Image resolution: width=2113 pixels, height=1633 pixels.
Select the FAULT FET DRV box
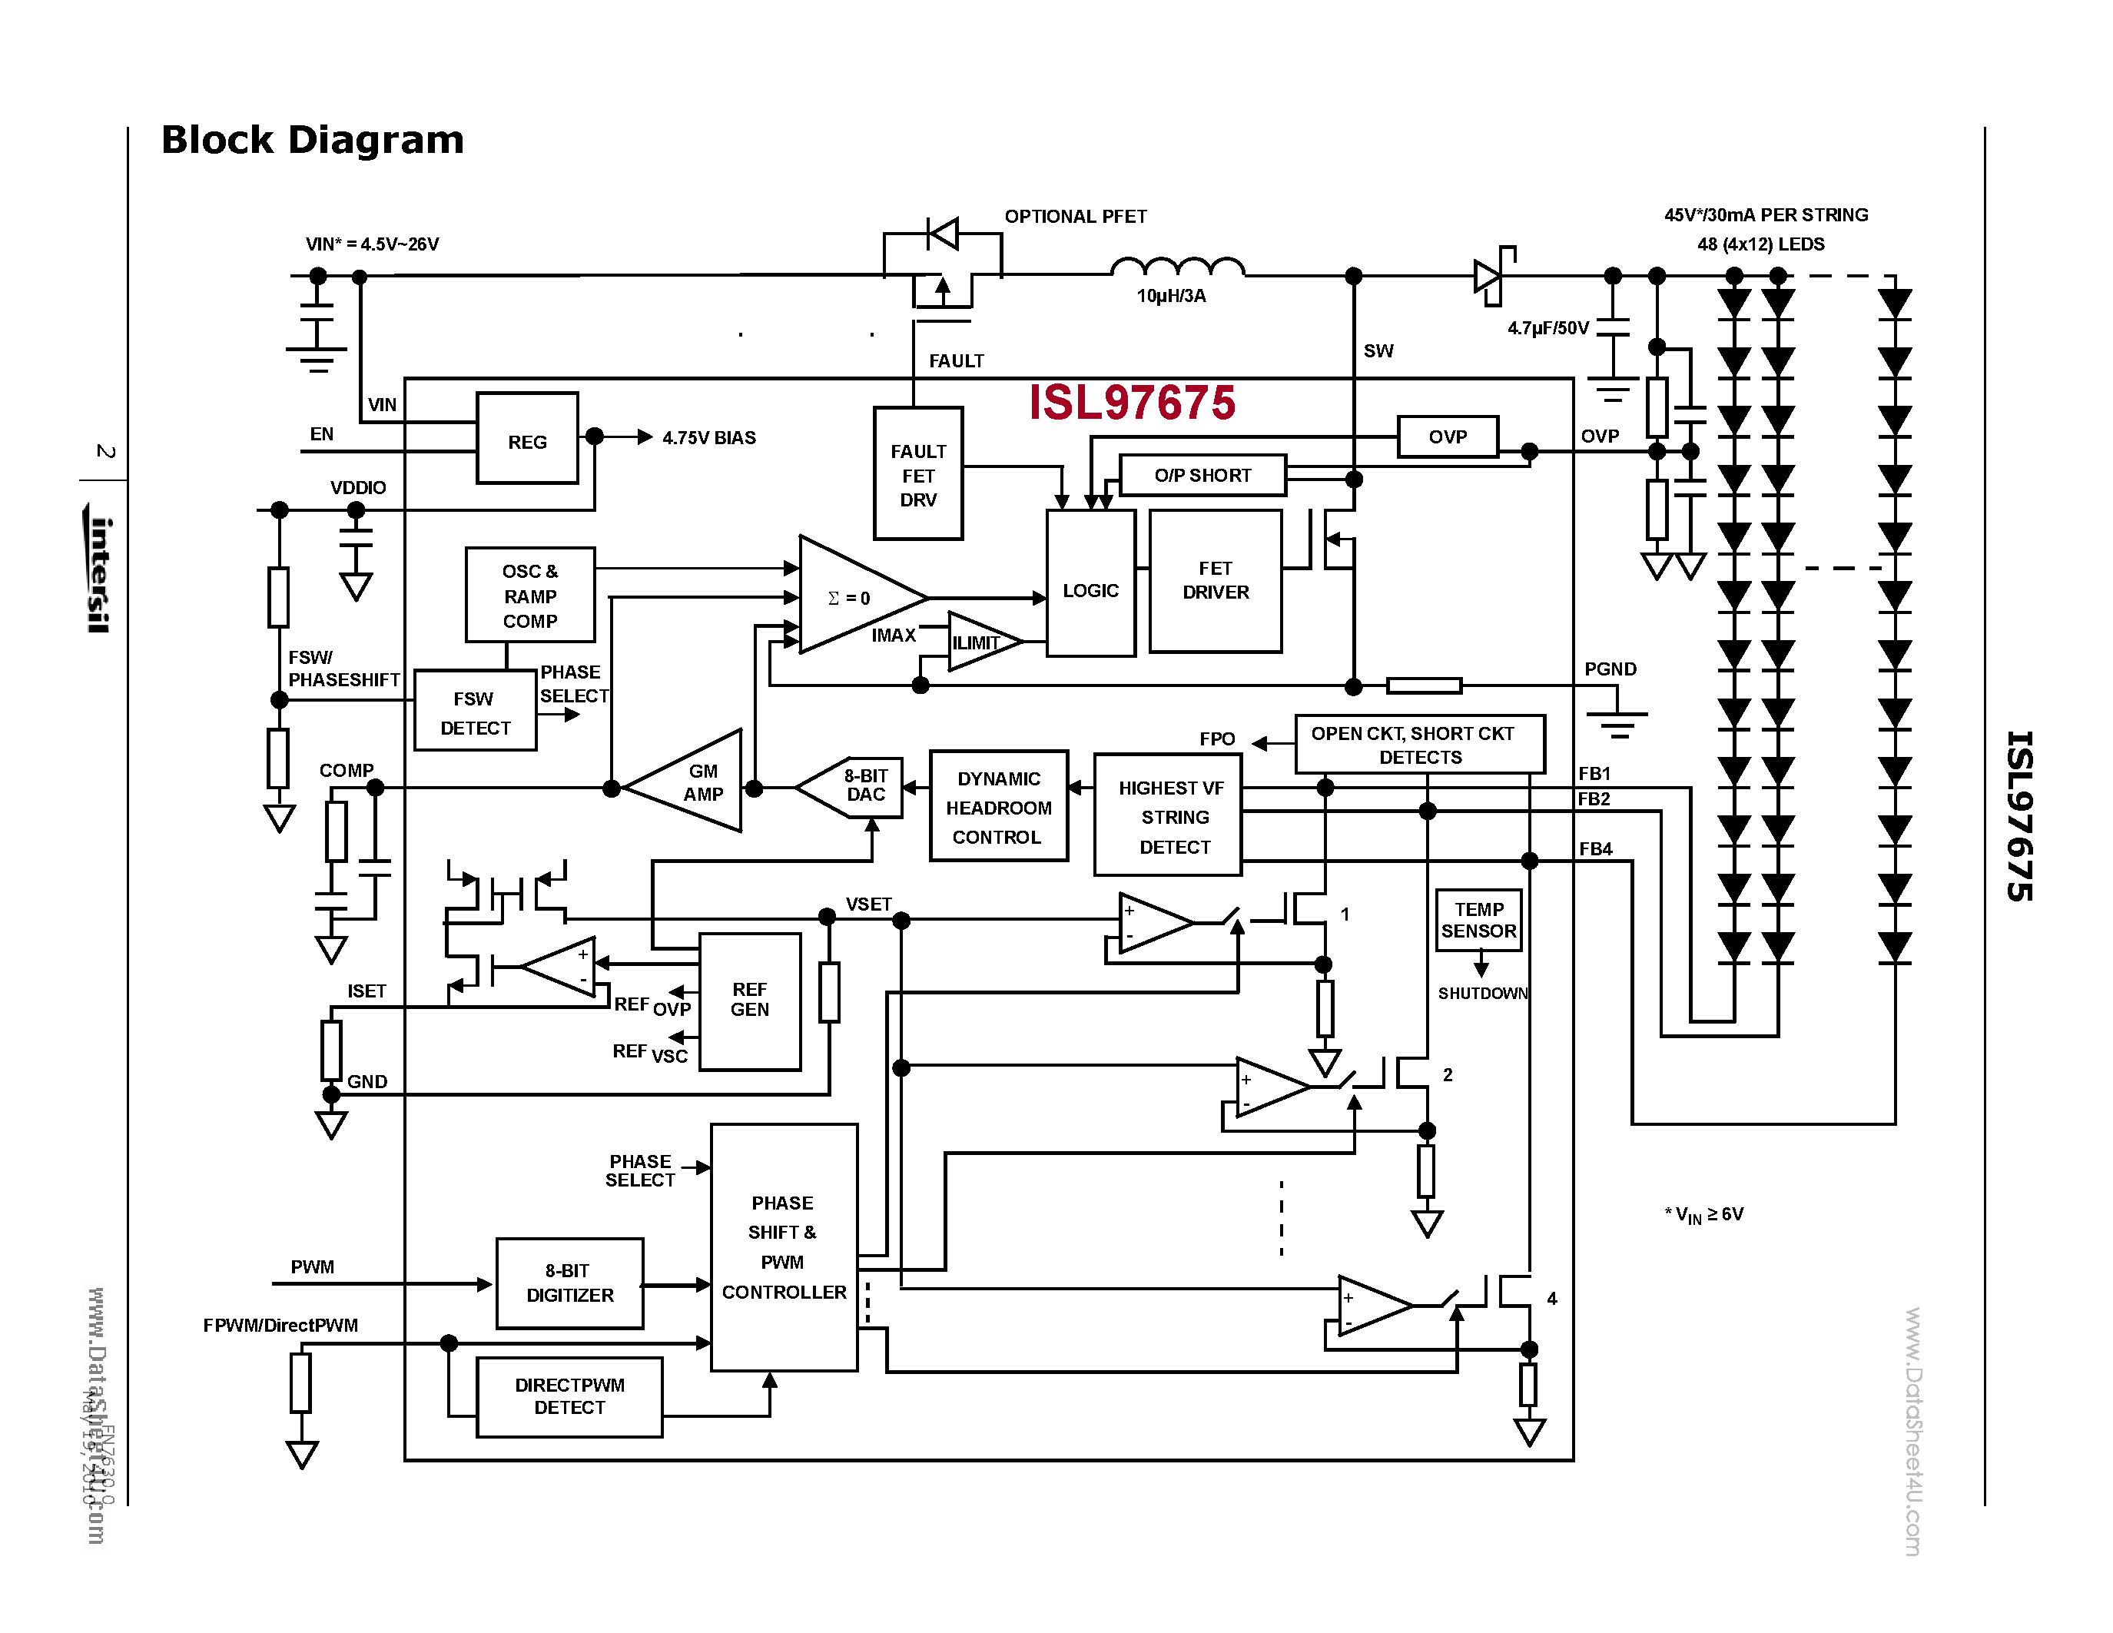point(918,474)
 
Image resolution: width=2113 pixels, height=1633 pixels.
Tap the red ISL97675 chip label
point(1131,403)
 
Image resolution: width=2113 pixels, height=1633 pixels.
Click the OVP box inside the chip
point(1448,436)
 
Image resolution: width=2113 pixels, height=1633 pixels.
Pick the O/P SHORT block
point(1202,475)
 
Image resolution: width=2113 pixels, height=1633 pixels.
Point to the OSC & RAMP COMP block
point(530,595)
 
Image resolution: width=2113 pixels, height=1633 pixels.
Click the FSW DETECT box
point(475,712)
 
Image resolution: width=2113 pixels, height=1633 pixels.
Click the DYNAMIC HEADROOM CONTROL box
point(998,807)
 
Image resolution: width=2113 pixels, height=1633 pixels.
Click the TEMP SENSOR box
point(1478,919)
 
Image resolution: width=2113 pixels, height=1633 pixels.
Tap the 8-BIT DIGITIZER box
point(569,1283)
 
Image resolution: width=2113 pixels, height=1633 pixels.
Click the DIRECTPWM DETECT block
point(569,1397)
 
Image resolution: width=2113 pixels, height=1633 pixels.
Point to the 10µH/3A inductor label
point(1171,296)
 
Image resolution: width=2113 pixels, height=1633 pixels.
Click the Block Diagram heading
point(313,141)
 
